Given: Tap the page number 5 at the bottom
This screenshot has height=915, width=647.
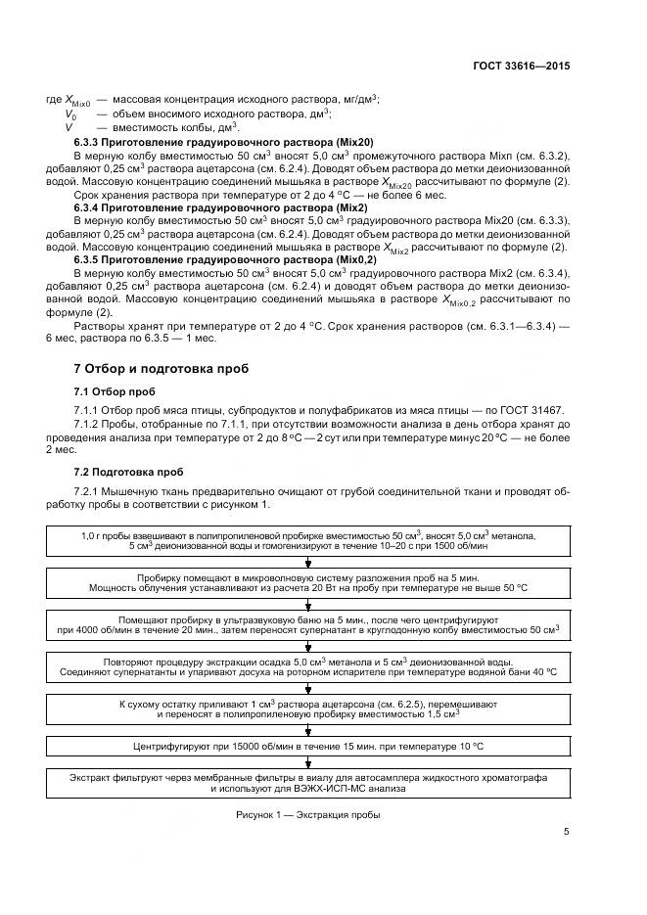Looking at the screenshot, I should point(567,832).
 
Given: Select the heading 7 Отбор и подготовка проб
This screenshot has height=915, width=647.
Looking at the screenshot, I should point(162,369).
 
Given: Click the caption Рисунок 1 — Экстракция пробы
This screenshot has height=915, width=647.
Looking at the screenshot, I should point(307,814).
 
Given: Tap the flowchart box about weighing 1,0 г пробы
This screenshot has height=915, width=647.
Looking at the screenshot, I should point(308,540).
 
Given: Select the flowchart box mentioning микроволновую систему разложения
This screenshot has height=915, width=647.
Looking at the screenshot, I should point(308,582).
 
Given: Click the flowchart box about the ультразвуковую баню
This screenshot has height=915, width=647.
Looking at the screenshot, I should point(308,624).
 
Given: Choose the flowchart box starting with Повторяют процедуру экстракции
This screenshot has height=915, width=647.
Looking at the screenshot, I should point(308,666).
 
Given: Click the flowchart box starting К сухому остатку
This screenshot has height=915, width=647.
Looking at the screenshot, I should point(308,709).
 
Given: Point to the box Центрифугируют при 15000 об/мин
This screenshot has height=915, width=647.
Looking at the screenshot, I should point(308,747).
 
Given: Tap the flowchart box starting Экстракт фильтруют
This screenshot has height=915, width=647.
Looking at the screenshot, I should point(308,782).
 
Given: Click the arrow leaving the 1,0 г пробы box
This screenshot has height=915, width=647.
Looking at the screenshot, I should point(308,562).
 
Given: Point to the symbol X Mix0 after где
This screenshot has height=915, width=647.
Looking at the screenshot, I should point(77,101).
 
